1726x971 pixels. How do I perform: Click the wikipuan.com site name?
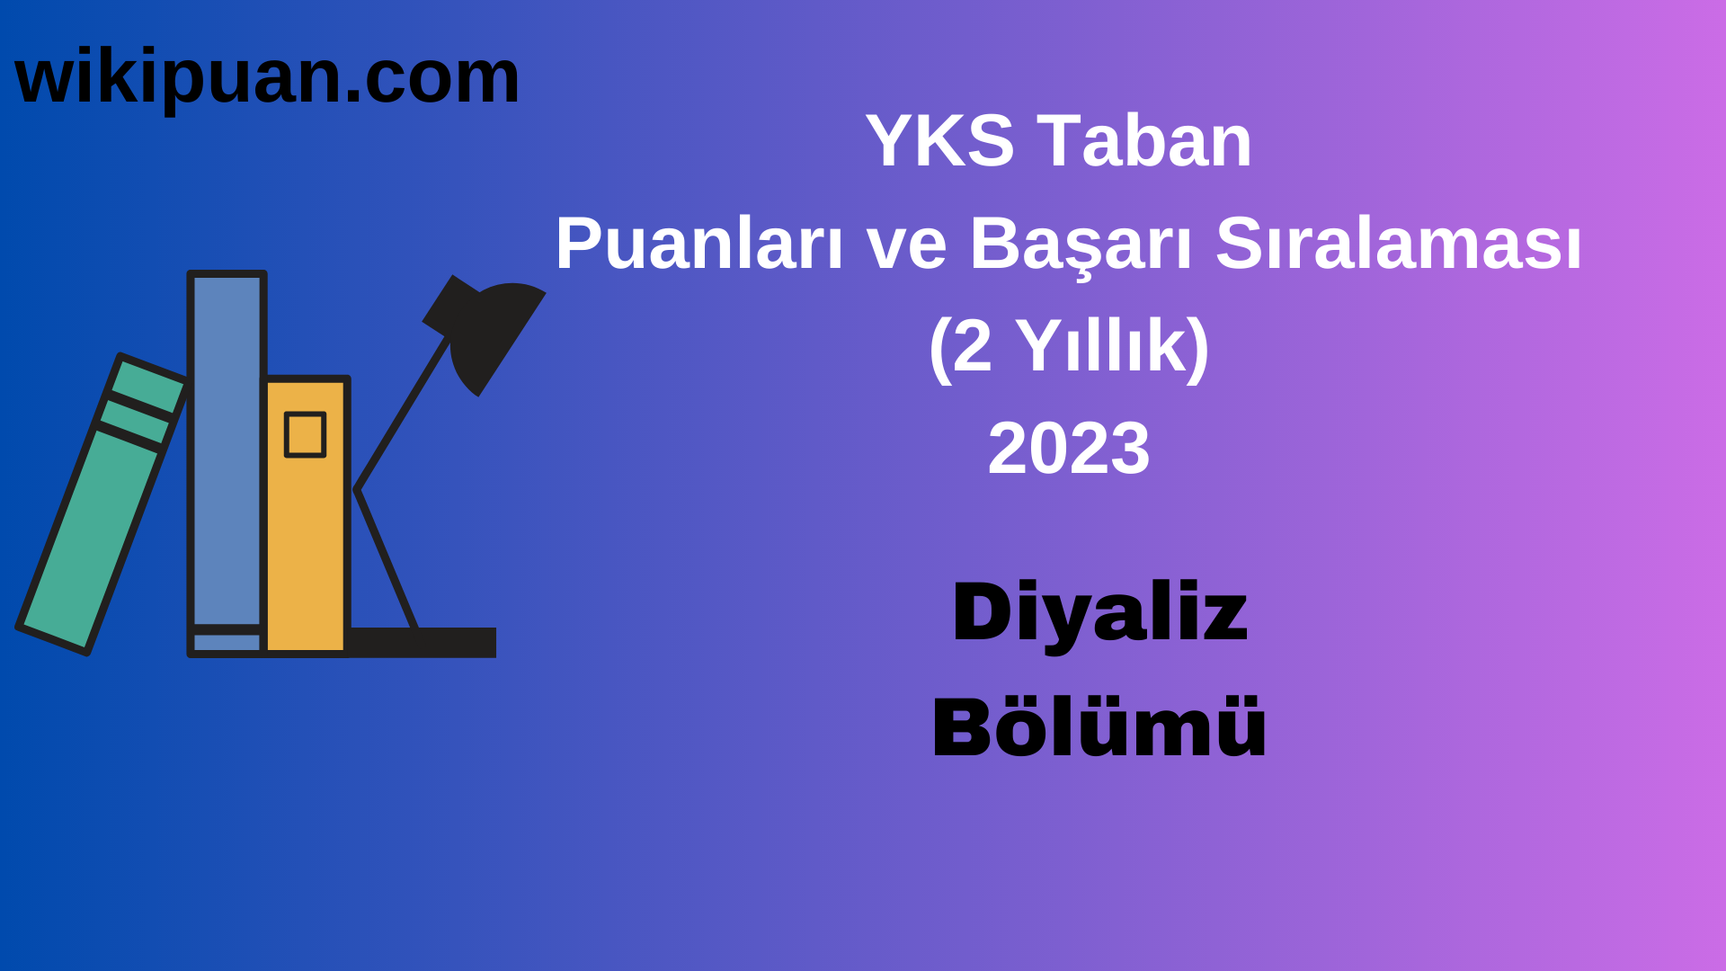tap(267, 77)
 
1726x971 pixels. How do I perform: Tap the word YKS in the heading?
tap(939, 141)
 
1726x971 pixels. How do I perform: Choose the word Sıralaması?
tap(1398, 244)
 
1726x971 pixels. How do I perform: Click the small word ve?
tap(906, 245)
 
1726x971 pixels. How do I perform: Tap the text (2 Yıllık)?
tap(1068, 346)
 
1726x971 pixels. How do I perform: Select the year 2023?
tap(1068, 449)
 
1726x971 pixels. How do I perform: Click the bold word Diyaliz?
tap(1099, 613)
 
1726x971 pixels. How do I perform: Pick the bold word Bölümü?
tap(1099, 727)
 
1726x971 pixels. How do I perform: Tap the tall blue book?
tap(227, 450)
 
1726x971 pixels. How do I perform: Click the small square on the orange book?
tap(305, 435)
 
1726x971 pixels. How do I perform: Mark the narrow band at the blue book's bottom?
tap(227, 642)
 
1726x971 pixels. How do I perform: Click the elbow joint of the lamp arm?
tap(357, 490)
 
